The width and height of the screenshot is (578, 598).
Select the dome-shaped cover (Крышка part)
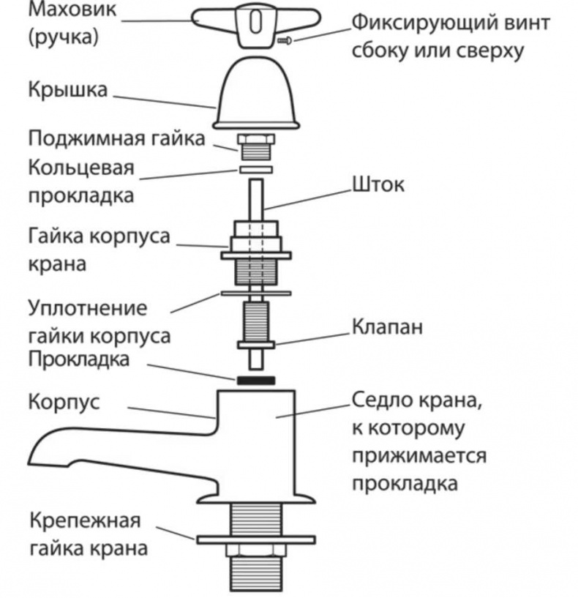click(x=255, y=92)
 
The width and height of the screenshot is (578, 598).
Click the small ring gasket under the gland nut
click(x=255, y=170)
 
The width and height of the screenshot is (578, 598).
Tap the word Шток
click(x=378, y=185)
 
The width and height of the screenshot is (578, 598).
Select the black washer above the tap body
click(x=256, y=381)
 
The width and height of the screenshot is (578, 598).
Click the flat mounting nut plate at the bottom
click(x=255, y=539)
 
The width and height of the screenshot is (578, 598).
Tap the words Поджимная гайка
click(x=117, y=138)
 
